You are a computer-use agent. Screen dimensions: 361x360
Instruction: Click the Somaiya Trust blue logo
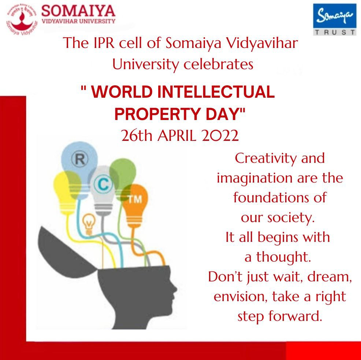click(x=335, y=19)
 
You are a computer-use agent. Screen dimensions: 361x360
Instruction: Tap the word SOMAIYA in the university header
click(x=78, y=11)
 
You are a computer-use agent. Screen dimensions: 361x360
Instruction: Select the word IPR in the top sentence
click(x=104, y=43)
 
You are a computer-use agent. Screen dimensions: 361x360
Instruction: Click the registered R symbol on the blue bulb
click(x=80, y=159)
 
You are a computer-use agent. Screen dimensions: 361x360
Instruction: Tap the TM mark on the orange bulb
click(x=135, y=199)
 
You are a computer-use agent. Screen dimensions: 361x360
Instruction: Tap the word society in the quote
click(x=291, y=218)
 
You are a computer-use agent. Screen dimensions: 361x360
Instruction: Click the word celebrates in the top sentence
click(x=218, y=64)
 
